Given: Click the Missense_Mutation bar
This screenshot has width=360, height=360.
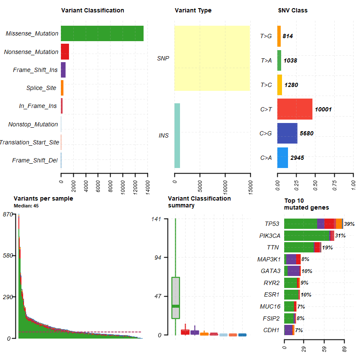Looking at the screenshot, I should click(x=102, y=33).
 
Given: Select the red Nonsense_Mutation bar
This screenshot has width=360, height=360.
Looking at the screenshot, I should click(x=65, y=51).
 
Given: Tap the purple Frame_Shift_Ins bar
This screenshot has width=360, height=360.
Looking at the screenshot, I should click(x=63, y=70).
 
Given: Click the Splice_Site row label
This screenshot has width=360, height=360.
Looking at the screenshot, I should click(x=41, y=88).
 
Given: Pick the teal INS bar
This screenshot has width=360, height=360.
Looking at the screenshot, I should click(x=177, y=135).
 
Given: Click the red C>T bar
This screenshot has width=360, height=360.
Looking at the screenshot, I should click(x=295, y=109).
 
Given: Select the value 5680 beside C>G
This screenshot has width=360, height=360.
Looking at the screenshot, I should click(x=306, y=133).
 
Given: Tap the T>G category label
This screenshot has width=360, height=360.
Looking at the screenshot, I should click(x=266, y=36).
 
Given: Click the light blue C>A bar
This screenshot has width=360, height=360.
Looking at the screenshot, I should click(x=282, y=157).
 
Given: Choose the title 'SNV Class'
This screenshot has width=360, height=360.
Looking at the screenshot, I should click(x=293, y=10).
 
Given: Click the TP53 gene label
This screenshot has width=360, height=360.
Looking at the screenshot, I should click(x=272, y=224).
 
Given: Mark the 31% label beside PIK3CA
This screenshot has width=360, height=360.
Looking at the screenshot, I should click(x=340, y=236).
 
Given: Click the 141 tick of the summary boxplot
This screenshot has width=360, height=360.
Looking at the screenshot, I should click(x=156, y=219).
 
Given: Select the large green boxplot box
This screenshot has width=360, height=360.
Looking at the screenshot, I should click(x=176, y=297).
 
